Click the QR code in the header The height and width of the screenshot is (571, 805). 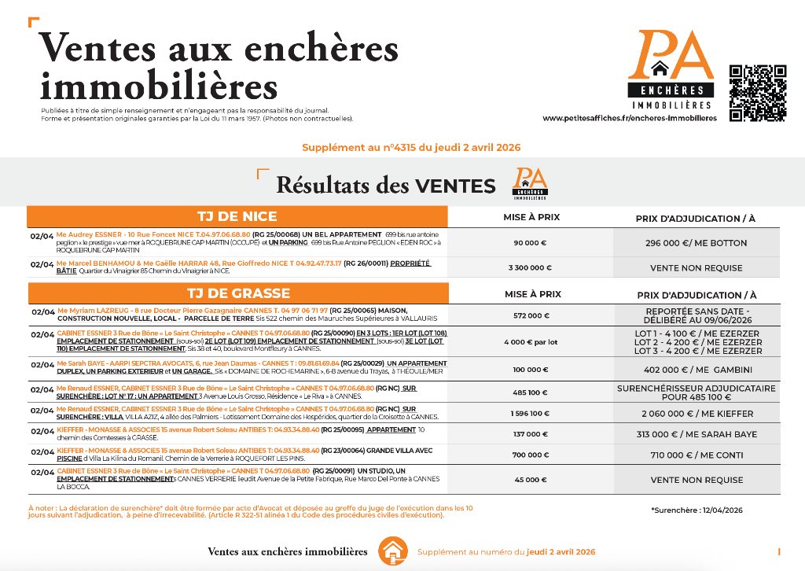tap(757, 92)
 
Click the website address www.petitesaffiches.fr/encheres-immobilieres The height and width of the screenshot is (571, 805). tap(629, 118)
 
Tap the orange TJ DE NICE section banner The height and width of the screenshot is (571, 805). tap(237, 216)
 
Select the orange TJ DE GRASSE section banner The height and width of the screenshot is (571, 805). tap(237, 293)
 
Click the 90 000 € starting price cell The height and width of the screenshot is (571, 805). tap(531, 243)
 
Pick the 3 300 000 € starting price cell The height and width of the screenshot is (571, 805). tap(531, 267)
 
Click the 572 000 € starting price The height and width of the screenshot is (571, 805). tap(531, 315)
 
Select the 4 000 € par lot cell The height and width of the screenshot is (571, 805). tap(531, 342)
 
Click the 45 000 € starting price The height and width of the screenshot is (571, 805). tap(531, 480)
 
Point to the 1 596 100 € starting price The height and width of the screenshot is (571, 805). tap(531, 413)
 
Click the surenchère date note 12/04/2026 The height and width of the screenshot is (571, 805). tap(697, 510)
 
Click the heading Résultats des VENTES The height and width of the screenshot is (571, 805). tap(385, 186)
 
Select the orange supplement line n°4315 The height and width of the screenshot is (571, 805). tap(410, 147)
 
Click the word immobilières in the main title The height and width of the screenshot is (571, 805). tap(159, 86)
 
